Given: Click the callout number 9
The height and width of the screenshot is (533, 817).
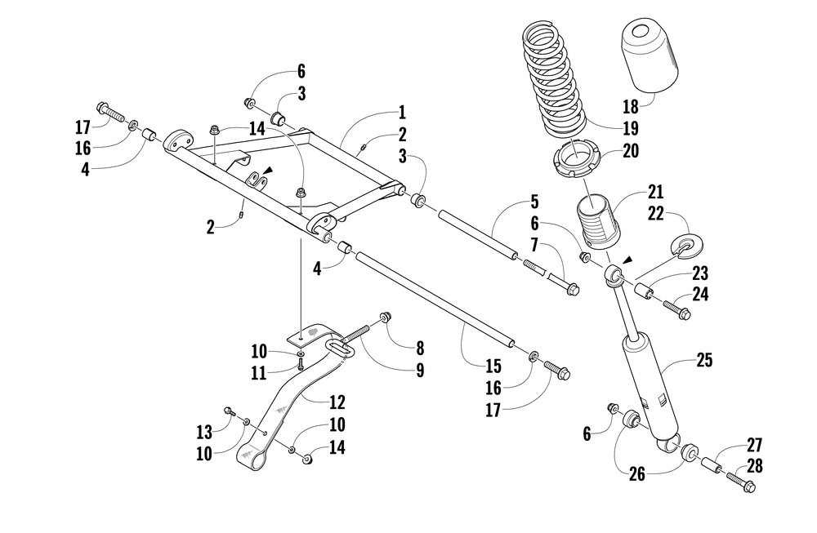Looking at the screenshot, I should click(420, 370).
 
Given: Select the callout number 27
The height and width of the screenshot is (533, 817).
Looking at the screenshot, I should click(753, 445).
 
